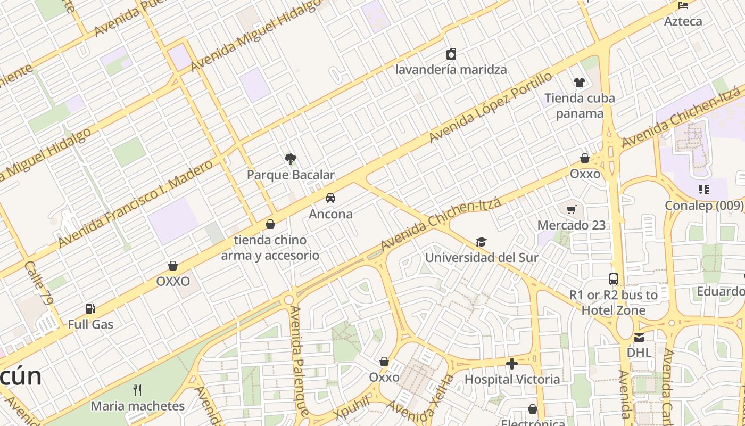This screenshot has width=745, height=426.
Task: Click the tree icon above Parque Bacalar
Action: (291, 158)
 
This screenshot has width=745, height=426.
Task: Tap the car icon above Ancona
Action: (330, 198)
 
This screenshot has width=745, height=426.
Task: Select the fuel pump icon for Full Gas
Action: (90, 308)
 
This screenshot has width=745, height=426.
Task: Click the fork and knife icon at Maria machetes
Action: (137, 390)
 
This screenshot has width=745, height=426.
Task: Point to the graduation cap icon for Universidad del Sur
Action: (481, 242)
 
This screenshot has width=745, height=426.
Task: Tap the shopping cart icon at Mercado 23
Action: (572, 209)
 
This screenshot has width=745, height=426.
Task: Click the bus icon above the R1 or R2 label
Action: (614, 278)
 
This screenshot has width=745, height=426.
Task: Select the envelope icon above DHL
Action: (639, 337)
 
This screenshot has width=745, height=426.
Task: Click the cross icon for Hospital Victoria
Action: (512, 364)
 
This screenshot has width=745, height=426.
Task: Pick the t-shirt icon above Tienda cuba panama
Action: (580, 82)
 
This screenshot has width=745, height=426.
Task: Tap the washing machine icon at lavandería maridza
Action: (451, 54)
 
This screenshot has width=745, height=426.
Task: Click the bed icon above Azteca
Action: (683, 6)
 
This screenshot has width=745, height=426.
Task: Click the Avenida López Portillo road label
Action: (491, 108)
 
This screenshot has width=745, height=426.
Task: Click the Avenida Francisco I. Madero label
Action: (135, 205)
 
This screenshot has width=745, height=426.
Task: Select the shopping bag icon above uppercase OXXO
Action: (173, 266)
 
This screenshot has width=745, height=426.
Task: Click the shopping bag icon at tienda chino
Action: (270, 224)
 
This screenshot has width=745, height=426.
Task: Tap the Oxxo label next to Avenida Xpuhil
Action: (384, 377)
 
